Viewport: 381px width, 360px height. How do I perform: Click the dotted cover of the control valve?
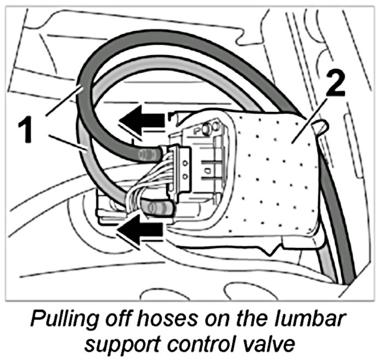[273, 175]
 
